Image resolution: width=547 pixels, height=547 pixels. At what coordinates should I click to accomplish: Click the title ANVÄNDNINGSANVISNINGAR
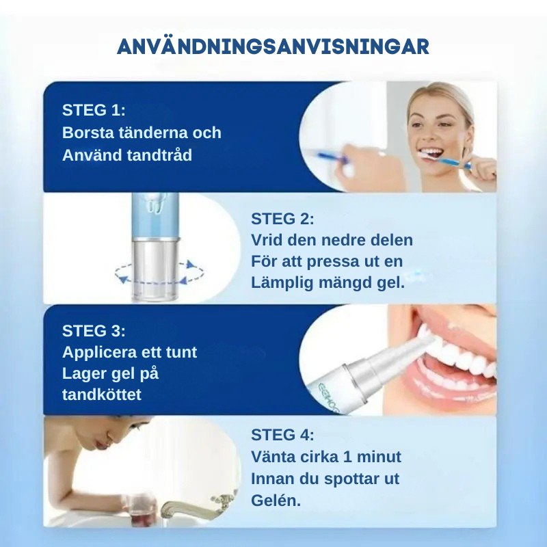pyautogui.click(x=273, y=46)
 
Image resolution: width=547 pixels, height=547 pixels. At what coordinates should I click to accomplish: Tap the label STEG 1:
pyautogui.click(x=94, y=111)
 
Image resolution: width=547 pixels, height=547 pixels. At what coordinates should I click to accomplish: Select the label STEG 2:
pyautogui.click(x=282, y=219)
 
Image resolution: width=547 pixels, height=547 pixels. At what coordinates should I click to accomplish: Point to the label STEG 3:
pyautogui.click(x=94, y=331)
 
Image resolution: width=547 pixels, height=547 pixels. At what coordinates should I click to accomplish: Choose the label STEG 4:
pyautogui.click(x=282, y=435)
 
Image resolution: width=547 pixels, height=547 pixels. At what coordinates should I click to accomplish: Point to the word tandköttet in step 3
pyautogui.click(x=102, y=395)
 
